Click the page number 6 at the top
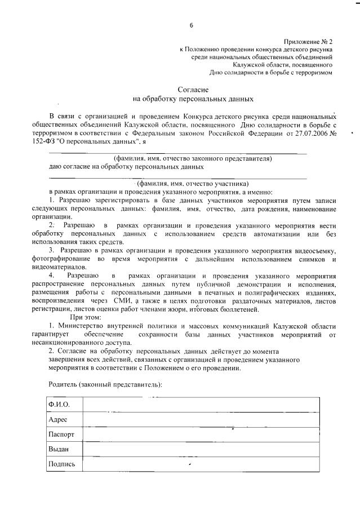(x=191, y=25)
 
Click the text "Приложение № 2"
(x=309, y=42)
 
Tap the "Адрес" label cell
(x=59, y=420)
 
